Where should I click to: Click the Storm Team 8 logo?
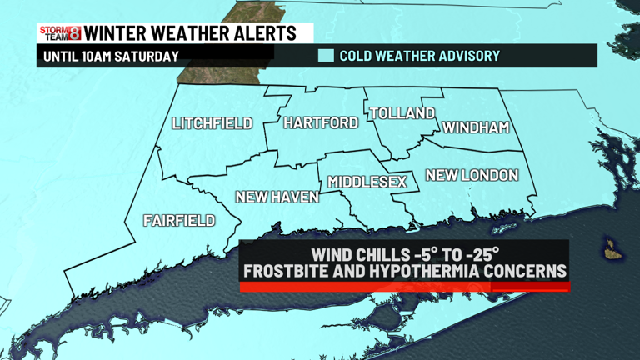[60, 33]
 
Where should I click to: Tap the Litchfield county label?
[212, 123]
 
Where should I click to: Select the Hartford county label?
[321, 122]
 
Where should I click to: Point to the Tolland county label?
[402, 113]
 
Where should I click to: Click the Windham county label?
[475, 127]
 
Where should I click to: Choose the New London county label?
[472, 175]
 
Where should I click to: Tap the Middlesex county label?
[367, 181]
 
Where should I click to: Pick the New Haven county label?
[277, 197]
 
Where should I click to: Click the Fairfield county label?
[179, 221]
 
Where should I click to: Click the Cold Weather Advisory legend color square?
[326, 56]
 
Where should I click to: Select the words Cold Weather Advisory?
[420, 56]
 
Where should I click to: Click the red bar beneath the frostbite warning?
[404, 286]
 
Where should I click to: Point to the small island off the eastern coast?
[613, 249]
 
